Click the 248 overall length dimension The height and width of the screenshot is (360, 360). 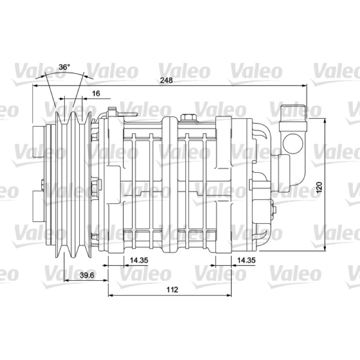pyautogui.click(x=166, y=81)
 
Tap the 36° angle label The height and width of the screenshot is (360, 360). pyautogui.click(x=64, y=67)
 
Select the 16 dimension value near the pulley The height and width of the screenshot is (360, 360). pyautogui.click(x=96, y=94)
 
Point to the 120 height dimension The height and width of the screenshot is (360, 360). pyautogui.click(x=319, y=187)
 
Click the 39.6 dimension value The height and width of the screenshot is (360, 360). pyautogui.click(x=87, y=275)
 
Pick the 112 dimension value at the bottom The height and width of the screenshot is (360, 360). pyautogui.click(x=172, y=289)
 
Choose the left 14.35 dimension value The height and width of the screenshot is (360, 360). pyautogui.click(x=139, y=261)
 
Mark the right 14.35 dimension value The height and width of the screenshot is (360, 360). pyautogui.click(x=246, y=261)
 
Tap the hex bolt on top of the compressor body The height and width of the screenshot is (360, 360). pyautogui.click(x=188, y=118)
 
